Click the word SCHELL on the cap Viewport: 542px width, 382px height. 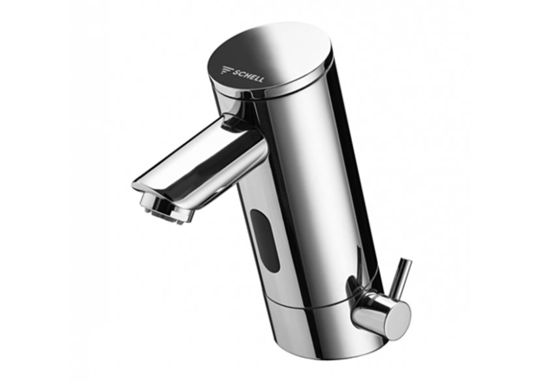click(x=248, y=74)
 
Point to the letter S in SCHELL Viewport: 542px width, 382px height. click(x=235, y=69)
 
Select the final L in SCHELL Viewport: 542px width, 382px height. click(x=261, y=80)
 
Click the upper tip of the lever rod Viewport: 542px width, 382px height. click(x=407, y=261)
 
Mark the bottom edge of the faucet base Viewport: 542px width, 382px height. click(x=313, y=357)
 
